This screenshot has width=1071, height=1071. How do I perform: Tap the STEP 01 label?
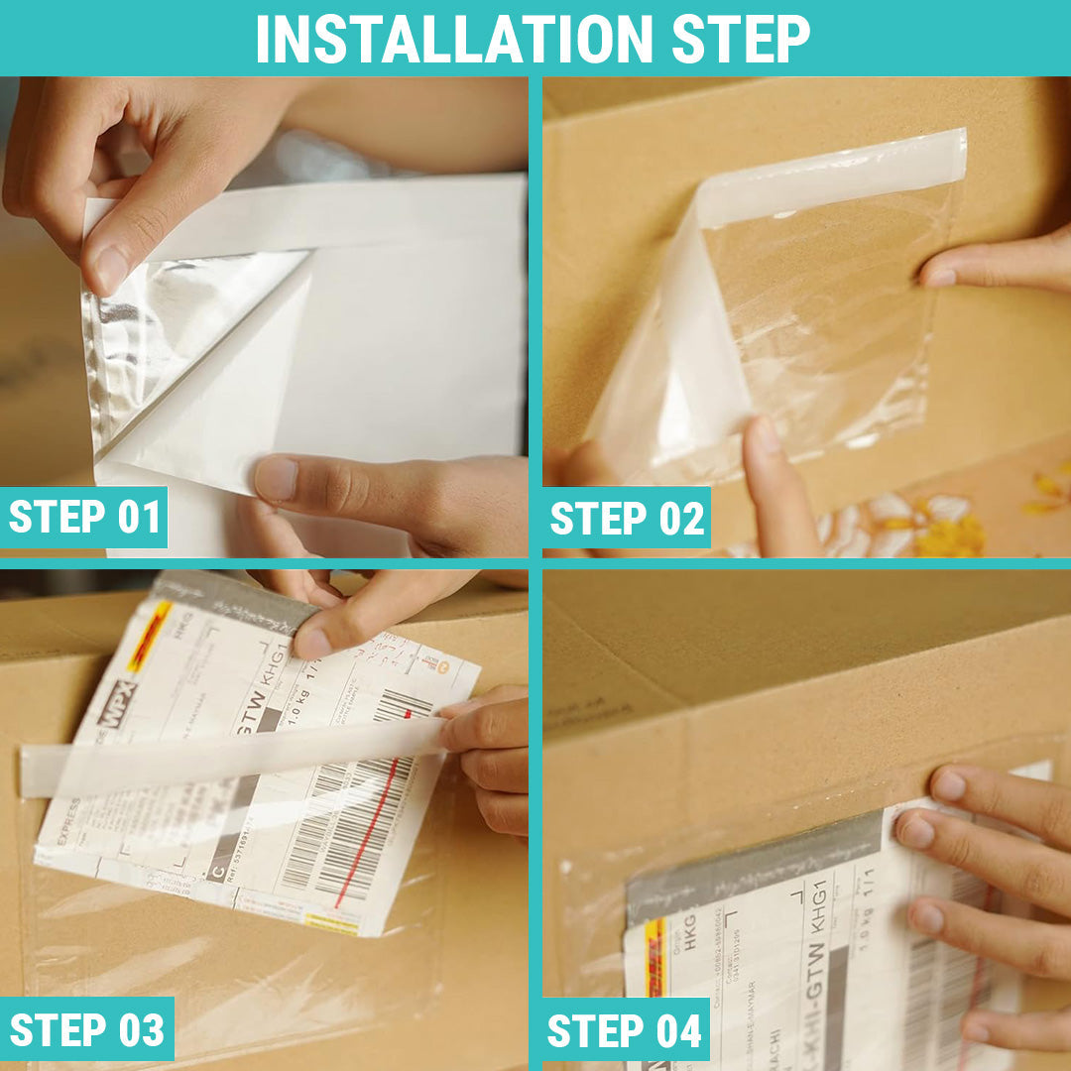84,518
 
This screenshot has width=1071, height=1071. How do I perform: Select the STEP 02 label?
627,519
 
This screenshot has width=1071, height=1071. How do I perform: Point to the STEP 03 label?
87,1029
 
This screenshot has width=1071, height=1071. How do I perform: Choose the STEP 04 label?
625,1030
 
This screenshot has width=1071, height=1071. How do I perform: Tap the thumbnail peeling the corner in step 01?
111,270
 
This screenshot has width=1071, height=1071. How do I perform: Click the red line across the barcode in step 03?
367,833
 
